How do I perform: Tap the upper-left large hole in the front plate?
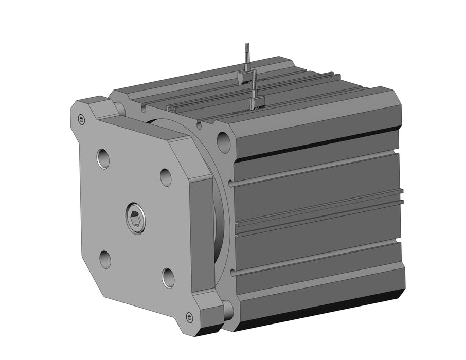pyautogui.click(x=103, y=158)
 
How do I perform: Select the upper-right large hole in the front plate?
pyautogui.click(x=166, y=177)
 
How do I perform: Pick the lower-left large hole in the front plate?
pyautogui.click(x=105, y=259)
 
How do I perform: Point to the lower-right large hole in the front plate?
pyautogui.click(x=168, y=278)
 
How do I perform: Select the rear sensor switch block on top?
pyautogui.click(x=246, y=77)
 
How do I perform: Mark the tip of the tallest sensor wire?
pyautogui.click(x=247, y=44)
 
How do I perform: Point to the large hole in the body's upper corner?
pyautogui.click(x=224, y=141)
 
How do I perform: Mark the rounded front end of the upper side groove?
pyautogui.click(x=233, y=184)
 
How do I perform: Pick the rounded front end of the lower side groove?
pyautogui.click(x=234, y=272)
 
